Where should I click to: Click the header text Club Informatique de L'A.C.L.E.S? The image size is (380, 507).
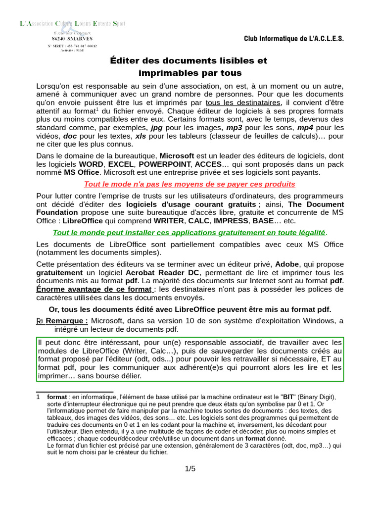(x=294, y=39)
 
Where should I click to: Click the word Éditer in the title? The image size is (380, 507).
(x=125, y=61)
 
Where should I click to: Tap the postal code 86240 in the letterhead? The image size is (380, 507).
(x=61, y=38)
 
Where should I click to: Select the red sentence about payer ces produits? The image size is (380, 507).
(x=190, y=184)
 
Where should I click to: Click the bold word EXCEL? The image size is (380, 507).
(x=121, y=164)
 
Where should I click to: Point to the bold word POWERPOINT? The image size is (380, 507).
(x=165, y=164)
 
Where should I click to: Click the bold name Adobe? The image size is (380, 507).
(x=287, y=264)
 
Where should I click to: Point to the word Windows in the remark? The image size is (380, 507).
(x=317, y=321)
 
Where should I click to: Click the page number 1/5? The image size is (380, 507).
(x=190, y=468)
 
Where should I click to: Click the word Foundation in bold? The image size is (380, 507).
(x=57, y=212)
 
